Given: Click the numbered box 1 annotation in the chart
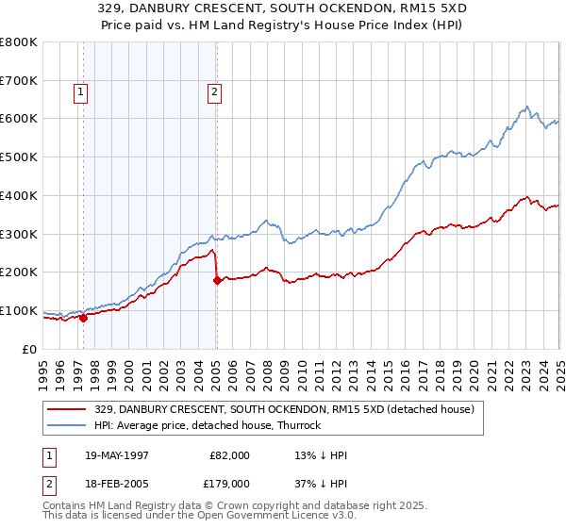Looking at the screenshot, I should tap(81, 92).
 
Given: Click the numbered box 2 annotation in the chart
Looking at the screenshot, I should tap(215, 92).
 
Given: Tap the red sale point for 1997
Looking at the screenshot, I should tap(83, 318).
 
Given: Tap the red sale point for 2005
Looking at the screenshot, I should tap(217, 280).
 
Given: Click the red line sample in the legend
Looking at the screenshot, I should tap(68, 409).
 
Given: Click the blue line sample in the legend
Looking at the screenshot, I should tap(68, 425).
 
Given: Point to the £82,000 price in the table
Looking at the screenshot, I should tap(230, 454).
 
